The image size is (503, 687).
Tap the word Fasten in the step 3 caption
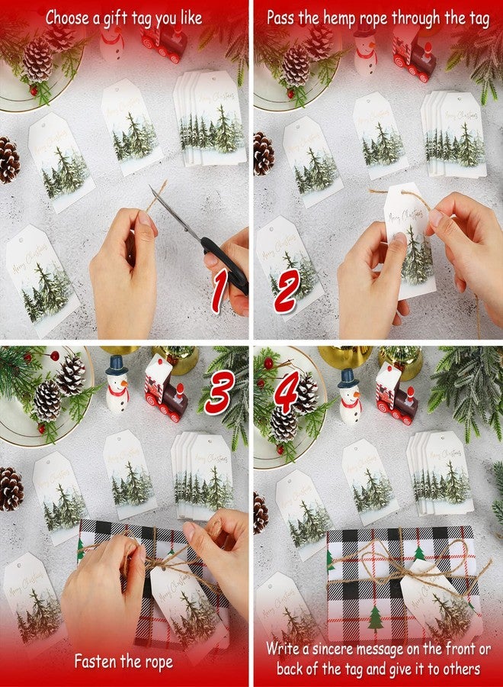pos(98,661)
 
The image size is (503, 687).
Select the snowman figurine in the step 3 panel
pos(117,385)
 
